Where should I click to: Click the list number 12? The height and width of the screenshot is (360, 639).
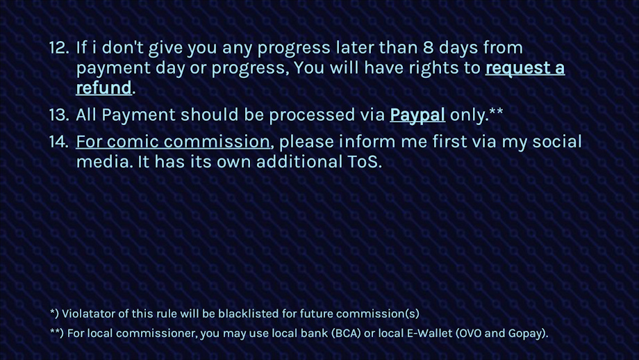[58, 48]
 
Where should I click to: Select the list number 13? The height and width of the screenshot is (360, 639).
[58, 115]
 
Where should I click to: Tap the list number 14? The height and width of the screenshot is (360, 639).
[58, 142]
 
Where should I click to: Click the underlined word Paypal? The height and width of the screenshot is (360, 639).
[417, 115]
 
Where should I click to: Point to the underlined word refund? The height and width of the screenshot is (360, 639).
[104, 88]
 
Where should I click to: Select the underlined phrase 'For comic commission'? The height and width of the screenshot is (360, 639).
[173, 142]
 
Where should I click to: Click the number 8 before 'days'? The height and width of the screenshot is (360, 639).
[428, 48]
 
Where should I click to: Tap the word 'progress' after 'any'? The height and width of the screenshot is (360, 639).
[294, 49]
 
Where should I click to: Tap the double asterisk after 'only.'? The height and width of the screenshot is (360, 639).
[496, 111]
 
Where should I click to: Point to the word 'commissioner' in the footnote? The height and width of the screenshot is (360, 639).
[156, 333]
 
